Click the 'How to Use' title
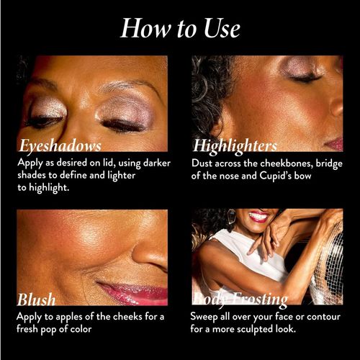coord(180,28)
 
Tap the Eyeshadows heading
coord(60,145)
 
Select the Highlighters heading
coord(235,146)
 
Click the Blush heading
coord(37,300)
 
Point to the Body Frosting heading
coord(240,300)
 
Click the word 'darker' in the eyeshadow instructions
coord(157,163)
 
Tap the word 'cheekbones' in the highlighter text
coord(286,163)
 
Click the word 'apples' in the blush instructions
coord(69,317)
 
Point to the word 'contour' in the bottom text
coord(323,317)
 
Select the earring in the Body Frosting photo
coord(232,217)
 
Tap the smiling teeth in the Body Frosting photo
coord(258,216)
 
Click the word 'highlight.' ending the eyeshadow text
coord(49,188)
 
